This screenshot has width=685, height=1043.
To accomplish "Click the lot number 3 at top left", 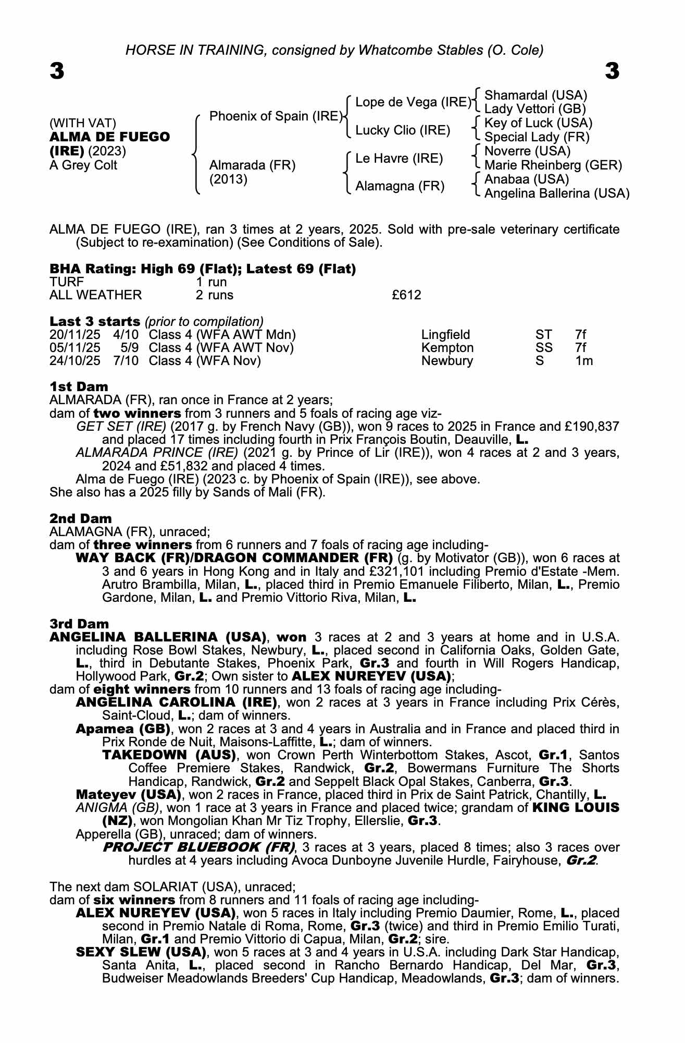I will (57, 71).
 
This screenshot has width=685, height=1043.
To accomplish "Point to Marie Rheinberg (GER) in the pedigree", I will (553, 165).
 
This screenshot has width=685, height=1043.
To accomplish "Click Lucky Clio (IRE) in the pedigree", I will (403, 130).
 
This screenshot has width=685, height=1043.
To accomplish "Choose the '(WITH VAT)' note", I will (83, 124).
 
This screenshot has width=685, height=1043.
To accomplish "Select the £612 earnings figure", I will (406, 295).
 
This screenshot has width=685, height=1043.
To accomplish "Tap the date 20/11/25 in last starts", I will (75, 335).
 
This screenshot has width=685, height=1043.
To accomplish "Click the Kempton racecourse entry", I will (447, 348).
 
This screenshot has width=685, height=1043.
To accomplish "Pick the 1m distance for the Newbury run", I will (584, 361).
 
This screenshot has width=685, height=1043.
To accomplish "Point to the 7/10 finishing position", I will (126, 361).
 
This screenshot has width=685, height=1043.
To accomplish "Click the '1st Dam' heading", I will (79, 387).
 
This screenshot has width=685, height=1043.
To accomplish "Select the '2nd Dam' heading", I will (81, 519).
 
